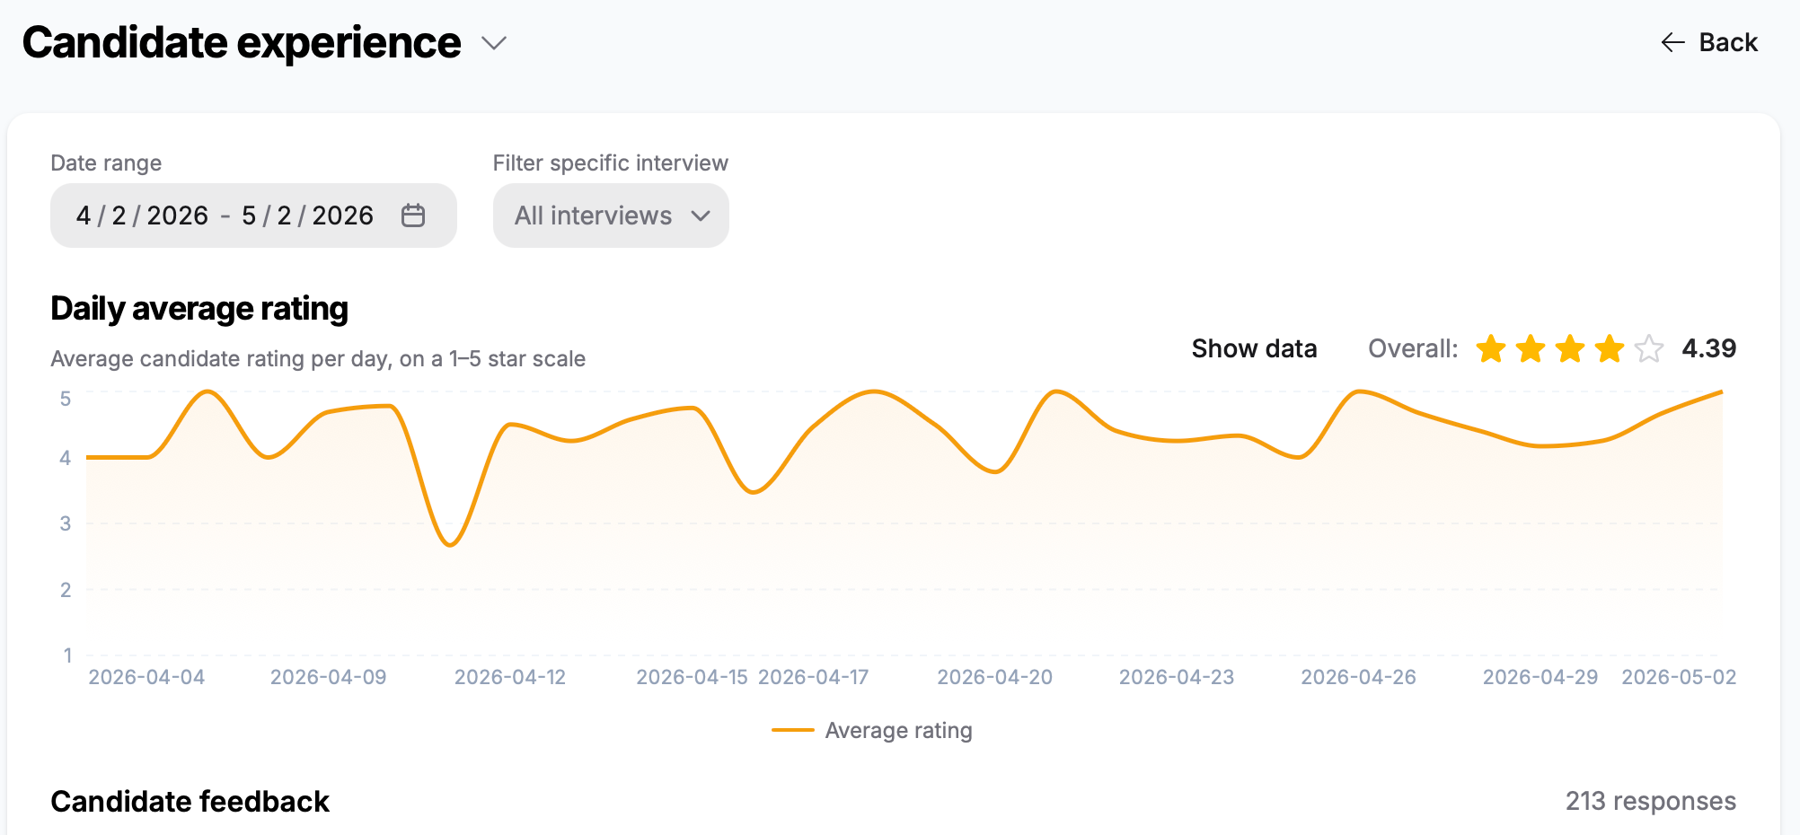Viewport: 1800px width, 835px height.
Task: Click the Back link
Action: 1709,42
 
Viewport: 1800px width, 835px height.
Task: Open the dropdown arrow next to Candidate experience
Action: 494,43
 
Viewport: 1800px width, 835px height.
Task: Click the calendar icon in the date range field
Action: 413,215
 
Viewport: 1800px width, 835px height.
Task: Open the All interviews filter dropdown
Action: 611,215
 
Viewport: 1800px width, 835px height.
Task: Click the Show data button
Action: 1254,348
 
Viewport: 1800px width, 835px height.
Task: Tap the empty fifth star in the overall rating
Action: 1649,348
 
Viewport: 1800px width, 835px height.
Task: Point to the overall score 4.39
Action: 1708,348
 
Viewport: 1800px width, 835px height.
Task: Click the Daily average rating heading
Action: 199,309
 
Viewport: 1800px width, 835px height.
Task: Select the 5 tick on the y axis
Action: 66,399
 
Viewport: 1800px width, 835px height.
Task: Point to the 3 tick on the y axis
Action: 66,523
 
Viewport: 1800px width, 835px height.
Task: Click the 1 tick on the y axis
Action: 67,655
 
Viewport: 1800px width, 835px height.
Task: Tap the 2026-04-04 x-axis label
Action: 146,677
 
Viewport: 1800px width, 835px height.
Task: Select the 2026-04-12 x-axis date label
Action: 510,677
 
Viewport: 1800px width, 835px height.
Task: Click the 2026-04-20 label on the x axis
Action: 995,677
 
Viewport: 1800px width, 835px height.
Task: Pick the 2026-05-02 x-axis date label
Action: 1679,677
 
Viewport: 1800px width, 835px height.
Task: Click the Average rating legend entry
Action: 871,731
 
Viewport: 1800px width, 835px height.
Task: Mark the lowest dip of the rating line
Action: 450,545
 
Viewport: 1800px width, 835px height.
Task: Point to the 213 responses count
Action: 1651,801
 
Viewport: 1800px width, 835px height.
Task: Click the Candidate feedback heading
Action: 190,801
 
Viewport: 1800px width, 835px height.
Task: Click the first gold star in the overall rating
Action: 1491,348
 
